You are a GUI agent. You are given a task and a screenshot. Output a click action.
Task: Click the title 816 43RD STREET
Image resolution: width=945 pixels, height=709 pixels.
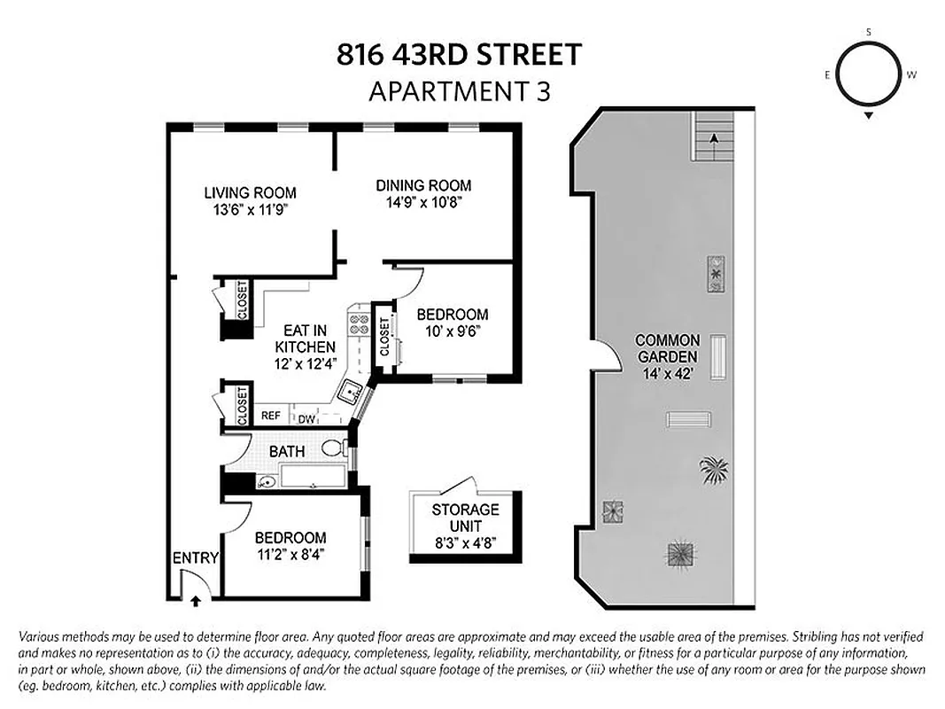(x=459, y=55)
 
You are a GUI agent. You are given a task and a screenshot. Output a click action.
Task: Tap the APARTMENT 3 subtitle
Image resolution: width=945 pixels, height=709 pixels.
(x=459, y=90)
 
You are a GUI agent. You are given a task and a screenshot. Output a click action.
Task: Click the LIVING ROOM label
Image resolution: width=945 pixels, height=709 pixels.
(x=250, y=192)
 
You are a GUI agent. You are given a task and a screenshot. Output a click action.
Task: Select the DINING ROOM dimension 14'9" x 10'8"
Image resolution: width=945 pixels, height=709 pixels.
(x=422, y=202)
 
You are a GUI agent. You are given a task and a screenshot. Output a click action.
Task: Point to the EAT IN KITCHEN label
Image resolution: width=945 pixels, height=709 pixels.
(x=305, y=338)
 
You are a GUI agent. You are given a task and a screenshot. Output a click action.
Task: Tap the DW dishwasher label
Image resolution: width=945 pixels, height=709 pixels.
(x=306, y=419)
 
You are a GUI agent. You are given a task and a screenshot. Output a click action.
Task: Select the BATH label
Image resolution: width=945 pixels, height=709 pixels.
(x=287, y=451)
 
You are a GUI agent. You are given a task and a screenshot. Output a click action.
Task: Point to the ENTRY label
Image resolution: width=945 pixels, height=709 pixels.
(x=195, y=557)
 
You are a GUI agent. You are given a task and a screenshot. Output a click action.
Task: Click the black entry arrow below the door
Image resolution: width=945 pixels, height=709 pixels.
(x=195, y=600)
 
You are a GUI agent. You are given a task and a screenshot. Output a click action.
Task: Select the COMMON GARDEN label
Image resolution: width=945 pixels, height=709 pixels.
(x=667, y=348)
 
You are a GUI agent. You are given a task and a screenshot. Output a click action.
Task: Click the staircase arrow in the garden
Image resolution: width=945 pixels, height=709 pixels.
(x=713, y=137)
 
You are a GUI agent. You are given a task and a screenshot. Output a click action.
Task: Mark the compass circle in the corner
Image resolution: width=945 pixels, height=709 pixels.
(x=869, y=74)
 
